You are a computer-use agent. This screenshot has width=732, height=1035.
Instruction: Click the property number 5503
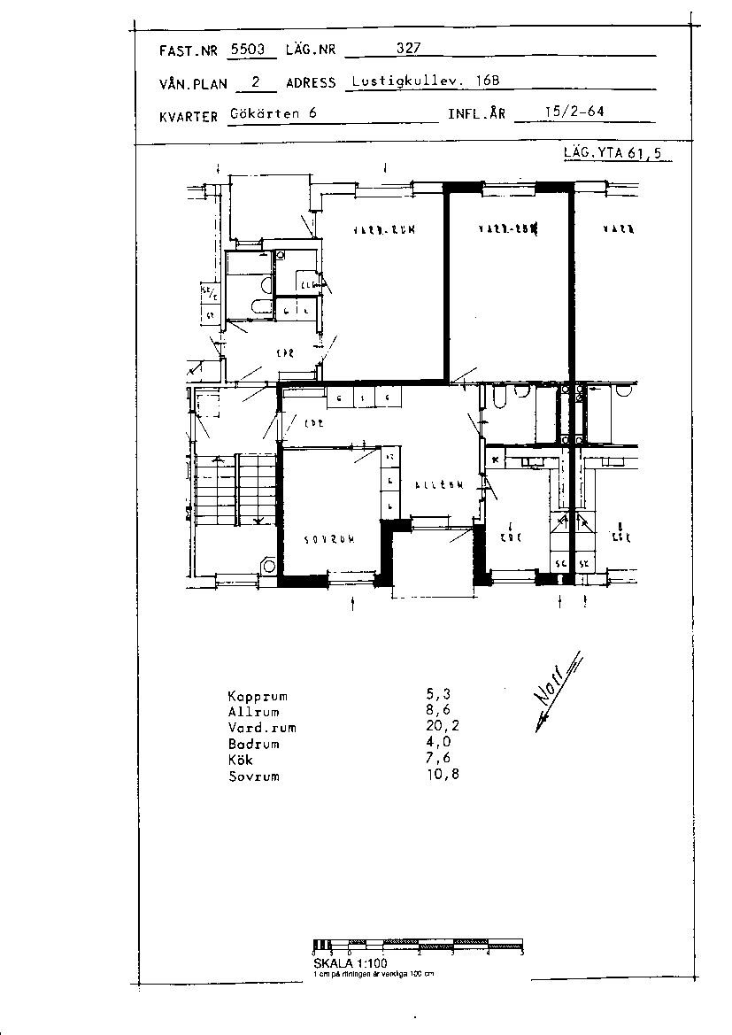pyautogui.click(x=247, y=50)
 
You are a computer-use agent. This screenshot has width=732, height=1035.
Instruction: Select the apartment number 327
pyautogui.click(x=407, y=50)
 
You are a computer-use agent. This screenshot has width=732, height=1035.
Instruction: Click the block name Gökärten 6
pyautogui.click(x=274, y=113)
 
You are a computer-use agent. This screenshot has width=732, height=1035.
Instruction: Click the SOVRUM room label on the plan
pyautogui.click(x=329, y=538)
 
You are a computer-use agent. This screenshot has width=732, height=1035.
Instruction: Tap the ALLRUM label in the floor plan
pyautogui.click(x=439, y=485)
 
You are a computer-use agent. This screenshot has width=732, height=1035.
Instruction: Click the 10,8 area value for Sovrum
pyautogui.click(x=441, y=776)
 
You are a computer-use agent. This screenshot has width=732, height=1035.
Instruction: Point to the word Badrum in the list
pyautogui.click(x=253, y=744)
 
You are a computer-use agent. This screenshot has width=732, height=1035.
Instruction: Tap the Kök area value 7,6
pyautogui.click(x=438, y=760)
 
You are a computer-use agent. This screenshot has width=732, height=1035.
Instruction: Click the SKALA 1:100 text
pyautogui.click(x=350, y=962)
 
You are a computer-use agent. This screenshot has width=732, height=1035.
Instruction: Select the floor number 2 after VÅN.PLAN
pyautogui.click(x=256, y=81)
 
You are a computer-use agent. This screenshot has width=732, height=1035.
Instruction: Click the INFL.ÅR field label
pyautogui.click(x=476, y=115)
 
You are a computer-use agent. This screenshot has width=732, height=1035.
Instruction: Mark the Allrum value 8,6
pyautogui.click(x=437, y=712)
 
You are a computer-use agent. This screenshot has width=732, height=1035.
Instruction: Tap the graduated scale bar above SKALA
pyautogui.click(x=419, y=945)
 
